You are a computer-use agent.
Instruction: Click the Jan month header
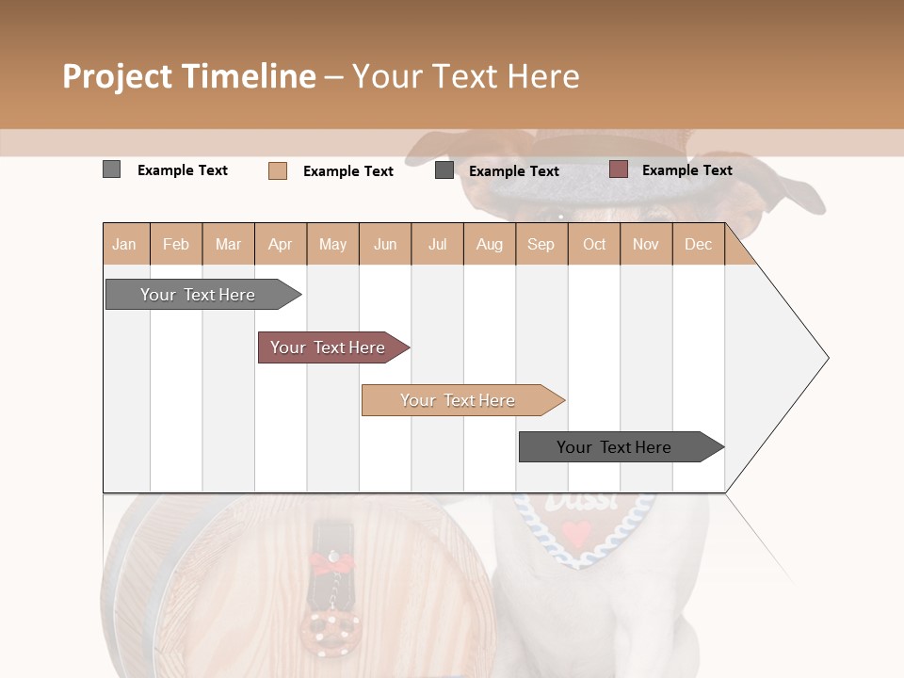point(124,245)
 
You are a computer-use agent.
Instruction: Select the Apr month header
point(280,245)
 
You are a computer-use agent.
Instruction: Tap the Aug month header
point(489,245)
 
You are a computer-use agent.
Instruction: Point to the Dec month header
point(698,245)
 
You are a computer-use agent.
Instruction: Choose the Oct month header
point(594,245)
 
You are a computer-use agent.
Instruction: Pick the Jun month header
point(385,245)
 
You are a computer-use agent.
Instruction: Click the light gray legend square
point(111,169)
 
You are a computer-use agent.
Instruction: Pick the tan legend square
point(277,170)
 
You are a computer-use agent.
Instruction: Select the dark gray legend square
point(444,170)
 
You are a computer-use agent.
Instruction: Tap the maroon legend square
point(618,169)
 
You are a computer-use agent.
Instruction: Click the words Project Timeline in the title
point(189,76)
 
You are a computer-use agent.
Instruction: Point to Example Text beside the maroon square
point(686,170)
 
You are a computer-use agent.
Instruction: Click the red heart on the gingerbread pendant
point(577,533)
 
